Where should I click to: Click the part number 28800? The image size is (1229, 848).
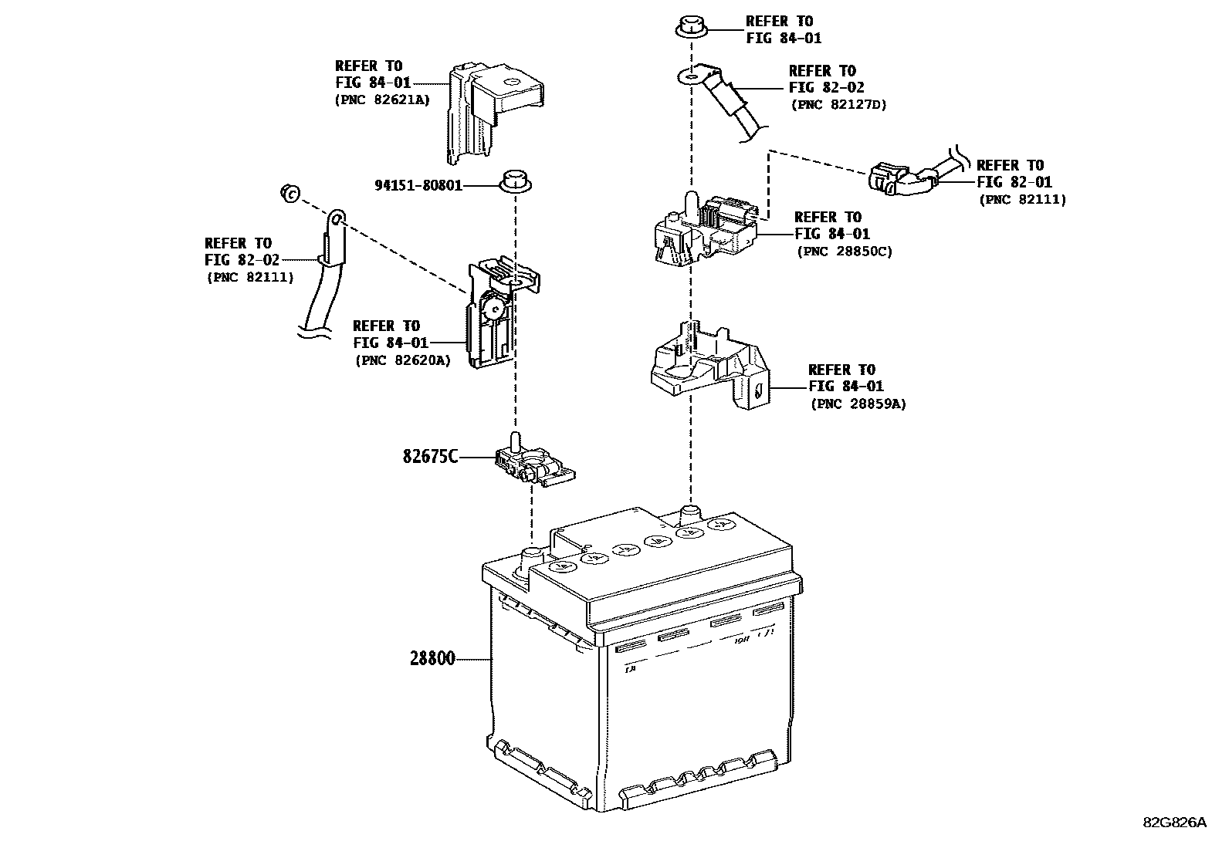pyautogui.click(x=432, y=658)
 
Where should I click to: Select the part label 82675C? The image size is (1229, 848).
pyautogui.click(x=430, y=456)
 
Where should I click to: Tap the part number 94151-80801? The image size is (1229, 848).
pyautogui.click(x=418, y=185)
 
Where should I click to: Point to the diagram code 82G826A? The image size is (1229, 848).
pyautogui.click(x=1175, y=823)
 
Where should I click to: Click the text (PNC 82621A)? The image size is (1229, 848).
pyautogui.click(x=382, y=100)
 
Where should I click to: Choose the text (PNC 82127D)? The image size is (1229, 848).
pyautogui.click(x=838, y=104)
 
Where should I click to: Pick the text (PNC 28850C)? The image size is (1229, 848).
pyautogui.click(x=845, y=252)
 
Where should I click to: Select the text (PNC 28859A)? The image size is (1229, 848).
pyautogui.click(x=858, y=404)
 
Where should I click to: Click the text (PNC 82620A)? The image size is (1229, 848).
pyautogui.click(x=403, y=360)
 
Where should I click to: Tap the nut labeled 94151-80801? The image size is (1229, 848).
pyautogui.click(x=515, y=181)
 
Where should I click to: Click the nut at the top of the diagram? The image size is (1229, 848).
pyautogui.click(x=691, y=28)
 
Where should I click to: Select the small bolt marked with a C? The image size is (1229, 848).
pyautogui.click(x=290, y=193)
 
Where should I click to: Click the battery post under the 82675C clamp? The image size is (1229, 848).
pyautogui.click(x=530, y=559)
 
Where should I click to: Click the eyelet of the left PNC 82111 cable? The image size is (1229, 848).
pyautogui.click(x=337, y=218)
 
